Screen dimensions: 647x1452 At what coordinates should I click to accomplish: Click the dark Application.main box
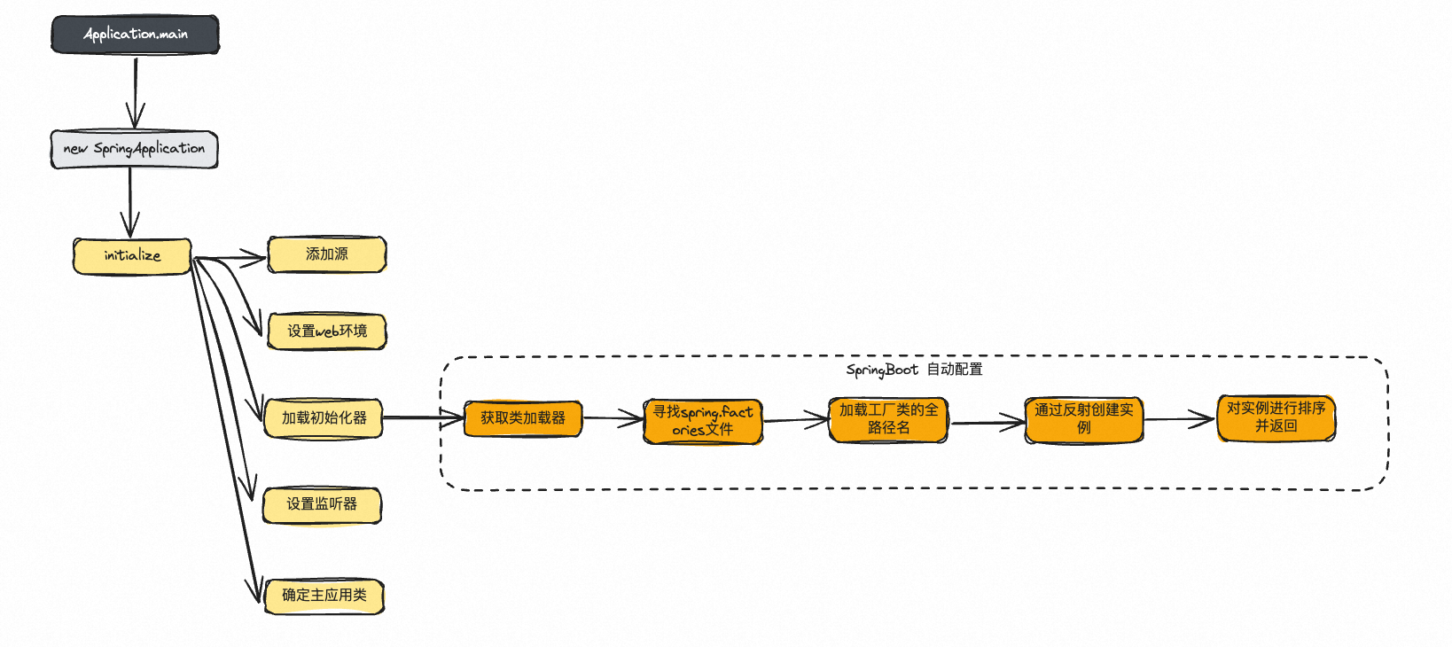click(135, 35)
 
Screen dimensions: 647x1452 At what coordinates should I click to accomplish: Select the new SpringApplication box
click(134, 149)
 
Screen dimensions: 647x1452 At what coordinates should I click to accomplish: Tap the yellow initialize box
click(132, 256)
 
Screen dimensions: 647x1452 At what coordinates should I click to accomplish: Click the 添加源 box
click(327, 254)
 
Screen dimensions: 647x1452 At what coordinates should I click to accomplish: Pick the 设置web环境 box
click(327, 331)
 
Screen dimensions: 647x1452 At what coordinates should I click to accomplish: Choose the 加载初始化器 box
click(324, 418)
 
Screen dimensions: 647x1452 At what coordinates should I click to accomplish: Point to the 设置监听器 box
click(322, 505)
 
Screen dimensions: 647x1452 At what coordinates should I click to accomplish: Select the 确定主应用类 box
click(324, 596)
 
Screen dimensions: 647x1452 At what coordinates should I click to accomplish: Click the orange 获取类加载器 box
click(523, 418)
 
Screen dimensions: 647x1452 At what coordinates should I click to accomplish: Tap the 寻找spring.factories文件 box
click(703, 421)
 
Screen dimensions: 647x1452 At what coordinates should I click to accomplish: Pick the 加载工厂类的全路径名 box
click(888, 419)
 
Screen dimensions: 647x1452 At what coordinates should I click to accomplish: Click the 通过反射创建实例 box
click(1084, 419)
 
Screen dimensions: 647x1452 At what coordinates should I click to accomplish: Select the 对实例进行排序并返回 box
click(1276, 417)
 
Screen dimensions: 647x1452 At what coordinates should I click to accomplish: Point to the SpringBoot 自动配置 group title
click(914, 370)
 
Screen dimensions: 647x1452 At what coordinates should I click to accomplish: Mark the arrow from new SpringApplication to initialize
click(130, 202)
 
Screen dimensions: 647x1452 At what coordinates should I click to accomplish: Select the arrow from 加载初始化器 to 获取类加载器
click(423, 417)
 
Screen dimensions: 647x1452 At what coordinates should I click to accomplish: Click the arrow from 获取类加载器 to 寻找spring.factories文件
click(613, 417)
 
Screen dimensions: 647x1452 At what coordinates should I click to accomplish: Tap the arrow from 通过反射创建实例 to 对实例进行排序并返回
click(1179, 419)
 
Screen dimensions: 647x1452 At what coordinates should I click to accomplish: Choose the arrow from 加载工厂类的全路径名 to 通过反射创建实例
click(986, 423)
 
